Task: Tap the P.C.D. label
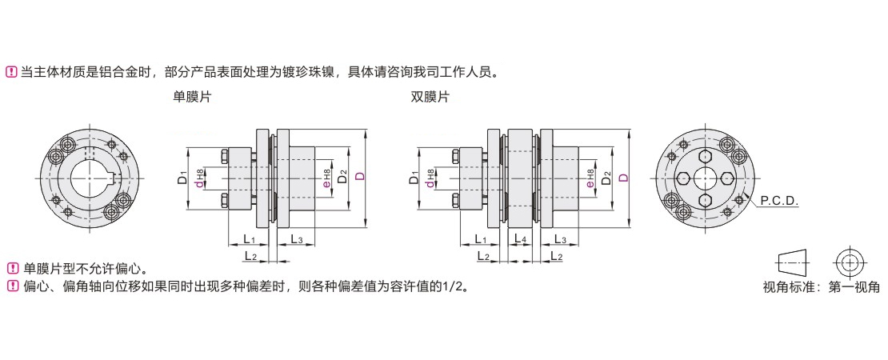(x=778, y=202)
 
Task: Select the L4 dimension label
(x=520, y=239)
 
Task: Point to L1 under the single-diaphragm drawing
(x=248, y=239)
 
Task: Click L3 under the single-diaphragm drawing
(x=295, y=239)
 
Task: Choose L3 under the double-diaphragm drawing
(x=560, y=239)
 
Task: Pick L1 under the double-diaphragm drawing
(x=481, y=239)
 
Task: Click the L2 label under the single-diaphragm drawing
(x=249, y=256)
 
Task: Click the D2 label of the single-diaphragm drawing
(x=342, y=177)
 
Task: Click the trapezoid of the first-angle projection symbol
(x=792, y=262)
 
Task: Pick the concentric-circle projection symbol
(x=849, y=262)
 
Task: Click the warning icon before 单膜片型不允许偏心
(x=12, y=268)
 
